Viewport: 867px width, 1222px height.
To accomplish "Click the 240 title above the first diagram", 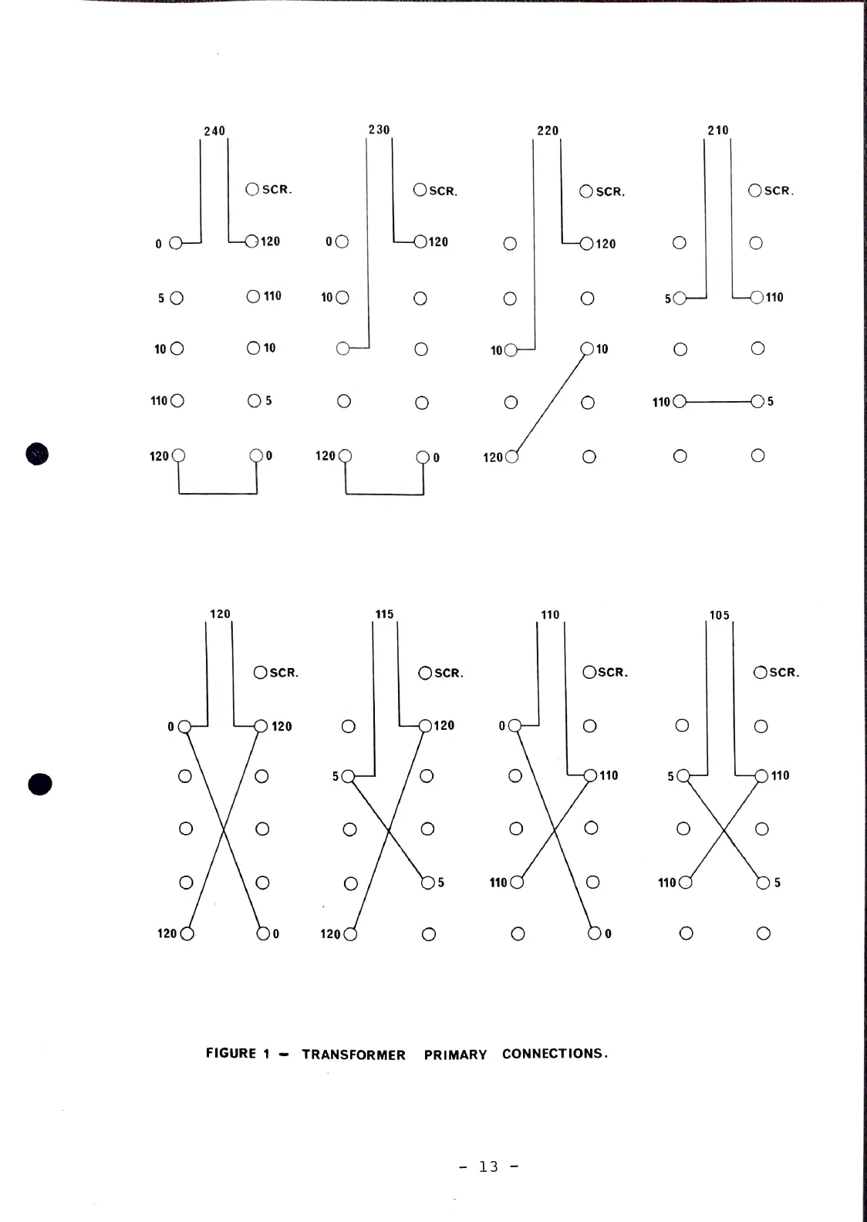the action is (x=214, y=131).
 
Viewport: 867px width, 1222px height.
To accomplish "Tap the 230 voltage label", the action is (x=379, y=130).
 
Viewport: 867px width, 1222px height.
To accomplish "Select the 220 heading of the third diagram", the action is (x=548, y=130).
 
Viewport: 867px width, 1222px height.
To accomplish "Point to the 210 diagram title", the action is (x=718, y=130).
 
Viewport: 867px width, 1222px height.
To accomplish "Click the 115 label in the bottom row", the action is (x=384, y=614).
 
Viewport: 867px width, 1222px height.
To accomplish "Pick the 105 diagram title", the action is (x=719, y=615).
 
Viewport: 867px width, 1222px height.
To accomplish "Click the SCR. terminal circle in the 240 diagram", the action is (x=252, y=189).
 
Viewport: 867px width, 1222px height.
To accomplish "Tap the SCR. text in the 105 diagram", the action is (x=784, y=673).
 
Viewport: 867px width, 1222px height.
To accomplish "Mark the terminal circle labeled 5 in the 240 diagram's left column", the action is (x=177, y=298).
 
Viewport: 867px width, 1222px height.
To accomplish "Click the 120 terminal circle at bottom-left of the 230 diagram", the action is (x=345, y=456).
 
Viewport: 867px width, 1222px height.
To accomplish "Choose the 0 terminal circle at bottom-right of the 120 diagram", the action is (x=263, y=933).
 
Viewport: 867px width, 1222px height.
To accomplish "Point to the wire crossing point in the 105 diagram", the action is (x=724, y=829).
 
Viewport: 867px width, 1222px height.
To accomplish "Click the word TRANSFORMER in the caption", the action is (x=353, y=1055).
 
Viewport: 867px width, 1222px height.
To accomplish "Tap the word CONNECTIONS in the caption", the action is (x=555, y=1054).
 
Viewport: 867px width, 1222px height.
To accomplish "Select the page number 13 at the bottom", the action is (x=488, y=1166).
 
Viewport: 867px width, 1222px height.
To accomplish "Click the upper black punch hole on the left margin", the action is (x=37, y=454).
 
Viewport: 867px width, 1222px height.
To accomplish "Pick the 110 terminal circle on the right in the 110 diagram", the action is (x=591, y=775).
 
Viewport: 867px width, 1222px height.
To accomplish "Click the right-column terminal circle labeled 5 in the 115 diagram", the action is (x=428, y=883).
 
